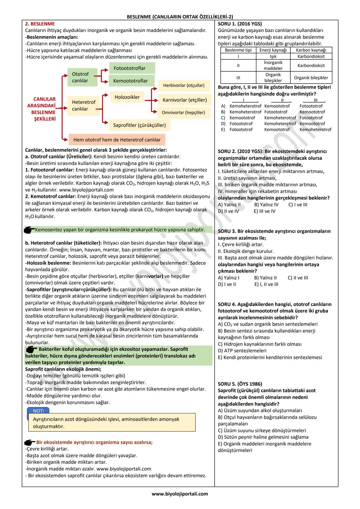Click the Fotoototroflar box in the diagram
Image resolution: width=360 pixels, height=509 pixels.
(x=132, y=68)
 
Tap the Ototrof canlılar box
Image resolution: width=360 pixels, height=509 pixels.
(x=80, y=77)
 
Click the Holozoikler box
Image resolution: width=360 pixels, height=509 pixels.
(x=127, y=97)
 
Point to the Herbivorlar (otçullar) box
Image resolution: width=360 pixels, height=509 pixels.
(x=184, y=85)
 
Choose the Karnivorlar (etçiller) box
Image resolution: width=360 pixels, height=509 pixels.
(x=184, y=100)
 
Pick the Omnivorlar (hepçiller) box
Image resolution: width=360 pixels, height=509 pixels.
(x=183, y=112)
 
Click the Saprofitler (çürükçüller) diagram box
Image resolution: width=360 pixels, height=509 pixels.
(x=139, y=125)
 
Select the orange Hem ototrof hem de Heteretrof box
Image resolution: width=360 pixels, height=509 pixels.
(x=117, y=140)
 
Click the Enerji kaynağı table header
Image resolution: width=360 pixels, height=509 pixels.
(x=273, y=50)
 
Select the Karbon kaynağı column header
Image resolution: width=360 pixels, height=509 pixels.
(x=311, y=50)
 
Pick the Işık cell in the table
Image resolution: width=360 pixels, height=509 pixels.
(x=273, y=56)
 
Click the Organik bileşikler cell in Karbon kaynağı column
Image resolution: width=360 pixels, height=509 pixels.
(x=311, y=78)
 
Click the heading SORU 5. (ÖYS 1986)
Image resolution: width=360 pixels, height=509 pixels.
(x=240, y=384)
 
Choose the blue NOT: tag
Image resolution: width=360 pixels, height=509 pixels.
(x=38, y=411)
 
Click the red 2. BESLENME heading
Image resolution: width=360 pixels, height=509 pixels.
(x=40, y=24)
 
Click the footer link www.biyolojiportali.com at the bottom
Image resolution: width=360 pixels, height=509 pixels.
(x=180, y=494)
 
